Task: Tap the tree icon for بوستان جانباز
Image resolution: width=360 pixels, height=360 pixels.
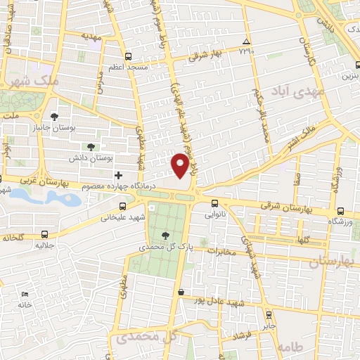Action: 55,117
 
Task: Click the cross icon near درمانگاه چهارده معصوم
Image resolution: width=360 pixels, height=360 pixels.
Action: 118,175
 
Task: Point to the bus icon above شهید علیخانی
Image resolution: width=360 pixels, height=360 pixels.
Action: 123,206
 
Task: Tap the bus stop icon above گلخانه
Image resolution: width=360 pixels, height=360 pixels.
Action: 46,234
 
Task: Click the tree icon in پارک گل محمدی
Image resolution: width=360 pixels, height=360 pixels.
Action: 165,236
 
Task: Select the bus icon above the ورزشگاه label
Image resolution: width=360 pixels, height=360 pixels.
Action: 341,210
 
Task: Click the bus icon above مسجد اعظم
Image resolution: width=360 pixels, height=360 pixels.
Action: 128,56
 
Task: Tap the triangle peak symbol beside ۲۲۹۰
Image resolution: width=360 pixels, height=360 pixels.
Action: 245,41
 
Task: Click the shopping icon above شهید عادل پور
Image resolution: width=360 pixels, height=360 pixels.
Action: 181,292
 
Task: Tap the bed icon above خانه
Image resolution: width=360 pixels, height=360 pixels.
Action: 26,294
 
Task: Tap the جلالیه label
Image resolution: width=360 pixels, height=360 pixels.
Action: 46,247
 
